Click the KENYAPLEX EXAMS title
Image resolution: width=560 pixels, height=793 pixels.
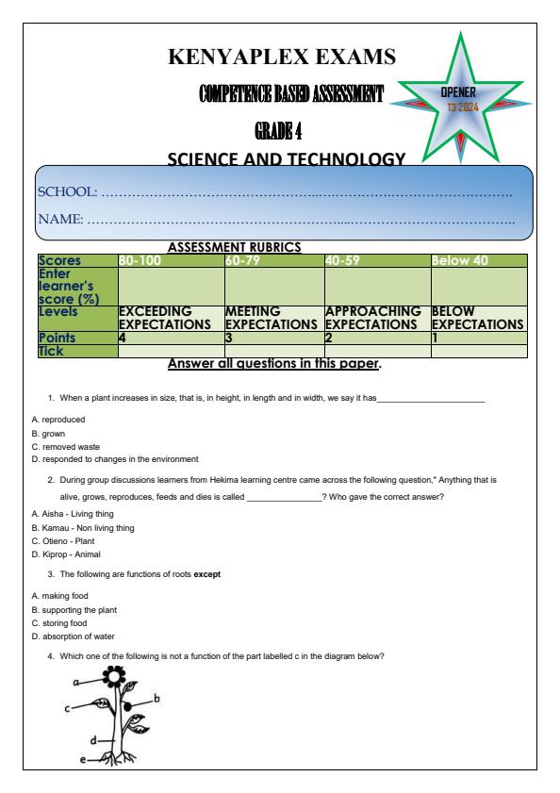pyautogui.click(x=281, y=58)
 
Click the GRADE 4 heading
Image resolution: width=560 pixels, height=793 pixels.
pyautogui.click(x=280, y=127)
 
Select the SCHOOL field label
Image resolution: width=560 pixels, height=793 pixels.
pyautogui.click(x=67, y=192)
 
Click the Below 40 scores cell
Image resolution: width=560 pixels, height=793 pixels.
pyautogui.click(x=460, y=260)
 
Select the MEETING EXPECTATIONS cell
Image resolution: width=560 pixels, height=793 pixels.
pyautogui.click(x=273, y=317)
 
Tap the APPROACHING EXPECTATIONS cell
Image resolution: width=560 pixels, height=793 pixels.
pyautogui.click(x=376, y=317)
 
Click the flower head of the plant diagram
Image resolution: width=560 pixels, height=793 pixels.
pyautogui.click(x=114, y=677)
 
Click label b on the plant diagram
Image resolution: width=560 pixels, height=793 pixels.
pyautogui.click(x=156, y=698)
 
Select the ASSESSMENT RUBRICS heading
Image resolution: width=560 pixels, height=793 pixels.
pyautogui.click(x=233, y=247)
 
